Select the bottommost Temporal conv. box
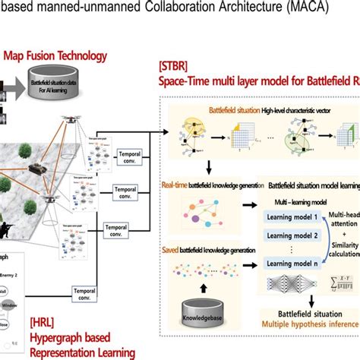[x=87, y=291]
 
